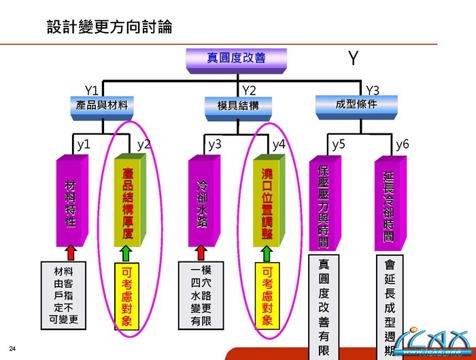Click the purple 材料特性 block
70,202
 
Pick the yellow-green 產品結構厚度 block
128,202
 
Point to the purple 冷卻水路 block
202,202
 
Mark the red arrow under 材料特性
70,253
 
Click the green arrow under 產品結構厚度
127,253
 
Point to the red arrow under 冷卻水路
202,253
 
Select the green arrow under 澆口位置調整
267,253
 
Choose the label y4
279,144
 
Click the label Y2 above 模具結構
249,91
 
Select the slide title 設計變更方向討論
109,27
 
